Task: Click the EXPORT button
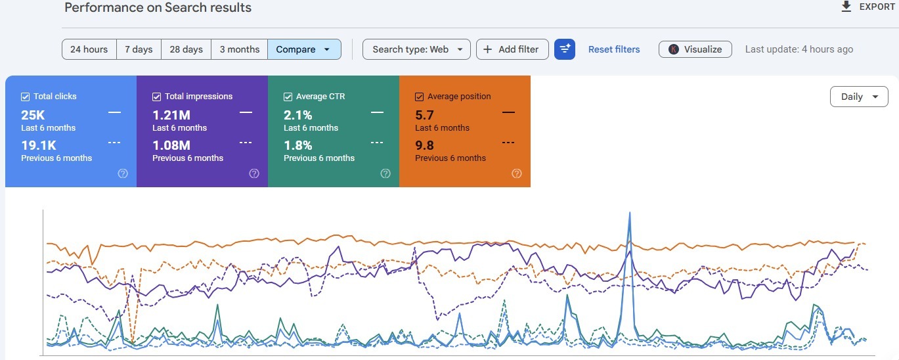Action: coord(867,7)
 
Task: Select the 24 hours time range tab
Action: coord(89,49)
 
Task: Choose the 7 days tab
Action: coord(139,49)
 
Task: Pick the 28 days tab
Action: coord(186,49)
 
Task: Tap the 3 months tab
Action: coord(240,49)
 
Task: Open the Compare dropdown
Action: coord(304,49)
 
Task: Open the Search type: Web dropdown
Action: coord(416,49)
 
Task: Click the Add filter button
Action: coord(512,49)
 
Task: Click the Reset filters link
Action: coord(614,49)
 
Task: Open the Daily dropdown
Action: coord(859,97)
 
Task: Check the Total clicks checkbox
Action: coord(26,97)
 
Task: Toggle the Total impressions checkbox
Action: coord(156,97)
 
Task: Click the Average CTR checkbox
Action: coord(288,97)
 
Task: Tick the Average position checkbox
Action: coord(419,97)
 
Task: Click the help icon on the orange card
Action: coord(517,173)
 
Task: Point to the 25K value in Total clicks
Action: coord(33,115)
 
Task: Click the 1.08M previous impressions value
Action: coord(171,145)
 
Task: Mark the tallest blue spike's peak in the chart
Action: coord(630,212)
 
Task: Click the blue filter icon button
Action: coord(565,49)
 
